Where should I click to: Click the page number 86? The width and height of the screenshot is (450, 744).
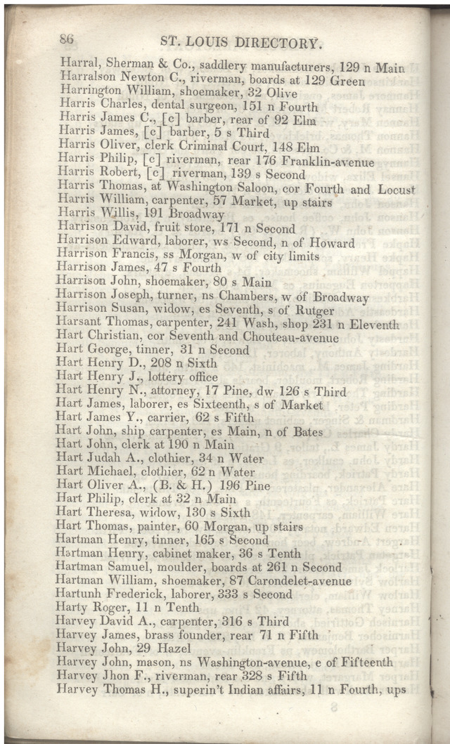coord(68,39)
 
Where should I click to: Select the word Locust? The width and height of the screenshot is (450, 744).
coord(397,190)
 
